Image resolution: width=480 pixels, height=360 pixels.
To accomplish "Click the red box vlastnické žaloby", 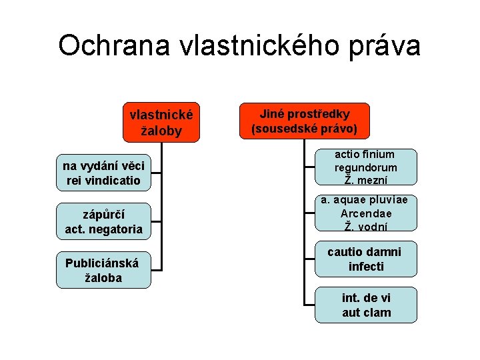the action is [x=161, y=122].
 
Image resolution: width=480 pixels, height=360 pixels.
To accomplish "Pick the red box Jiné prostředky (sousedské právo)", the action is [x=304, y=121].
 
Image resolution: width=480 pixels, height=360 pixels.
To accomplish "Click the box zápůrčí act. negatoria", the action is [x=103, y=222].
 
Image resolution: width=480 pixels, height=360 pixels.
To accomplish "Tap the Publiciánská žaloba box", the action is [x=103, y=270].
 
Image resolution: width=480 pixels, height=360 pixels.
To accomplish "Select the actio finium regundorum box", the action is [x=366, y=167].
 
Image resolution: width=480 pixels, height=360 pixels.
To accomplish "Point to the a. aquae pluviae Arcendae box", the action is [x=366, y=213].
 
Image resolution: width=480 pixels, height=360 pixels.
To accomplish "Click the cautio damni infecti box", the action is [x=366, y=259].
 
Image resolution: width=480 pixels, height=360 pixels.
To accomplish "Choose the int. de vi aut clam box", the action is [x=366, y=305].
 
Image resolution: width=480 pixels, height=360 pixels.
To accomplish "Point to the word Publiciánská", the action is [x=102, y=263].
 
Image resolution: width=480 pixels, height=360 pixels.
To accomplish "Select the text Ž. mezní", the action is [x=366, y=179].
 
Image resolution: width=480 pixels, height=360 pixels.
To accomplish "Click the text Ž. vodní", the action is [x=366, y=226].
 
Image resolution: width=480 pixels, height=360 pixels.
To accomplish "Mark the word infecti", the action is [x=366, y=267].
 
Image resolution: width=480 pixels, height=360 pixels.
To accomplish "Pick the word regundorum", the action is [x=366, y=167].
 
